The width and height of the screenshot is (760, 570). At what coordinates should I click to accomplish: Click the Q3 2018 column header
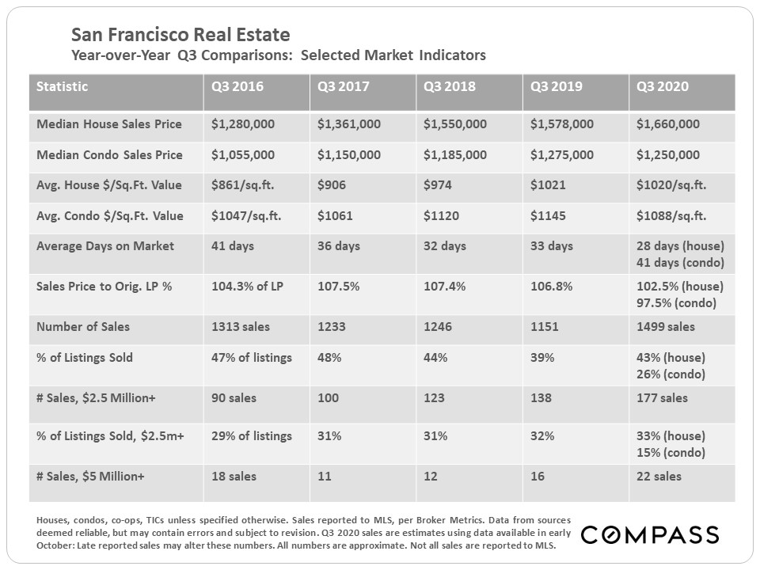pyautogui.click(x=450, y=86)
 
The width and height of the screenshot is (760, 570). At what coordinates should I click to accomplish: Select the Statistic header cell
pyautogui.click(x=63, y=86)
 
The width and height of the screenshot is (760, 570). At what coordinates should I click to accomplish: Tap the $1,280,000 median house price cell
pyautogui.click(x=243, y=124)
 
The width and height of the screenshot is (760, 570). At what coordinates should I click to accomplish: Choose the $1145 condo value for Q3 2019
pyautogui.click(x=546, y=216)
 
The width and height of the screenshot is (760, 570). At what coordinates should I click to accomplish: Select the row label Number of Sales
pyautogui.click(x=83, y=327)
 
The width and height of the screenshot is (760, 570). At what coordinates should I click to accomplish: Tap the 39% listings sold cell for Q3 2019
pyautogui.click(x=542, y=358)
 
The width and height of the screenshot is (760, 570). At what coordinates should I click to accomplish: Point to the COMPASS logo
pyautogui.click(x=649, y=535)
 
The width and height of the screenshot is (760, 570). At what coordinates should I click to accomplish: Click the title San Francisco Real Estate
pyautogui.click(x=180, y=35)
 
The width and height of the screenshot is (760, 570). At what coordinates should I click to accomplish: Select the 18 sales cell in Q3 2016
pyautogui.click(x=234, y=477)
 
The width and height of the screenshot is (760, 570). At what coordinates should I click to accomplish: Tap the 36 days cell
pyautogui.click(x=339, y=246)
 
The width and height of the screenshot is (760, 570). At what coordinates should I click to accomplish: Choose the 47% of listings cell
pyautogui.click(x=252, y=358)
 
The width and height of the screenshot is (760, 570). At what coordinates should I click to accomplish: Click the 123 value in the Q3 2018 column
pyautogui.click(x=434, y=398)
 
